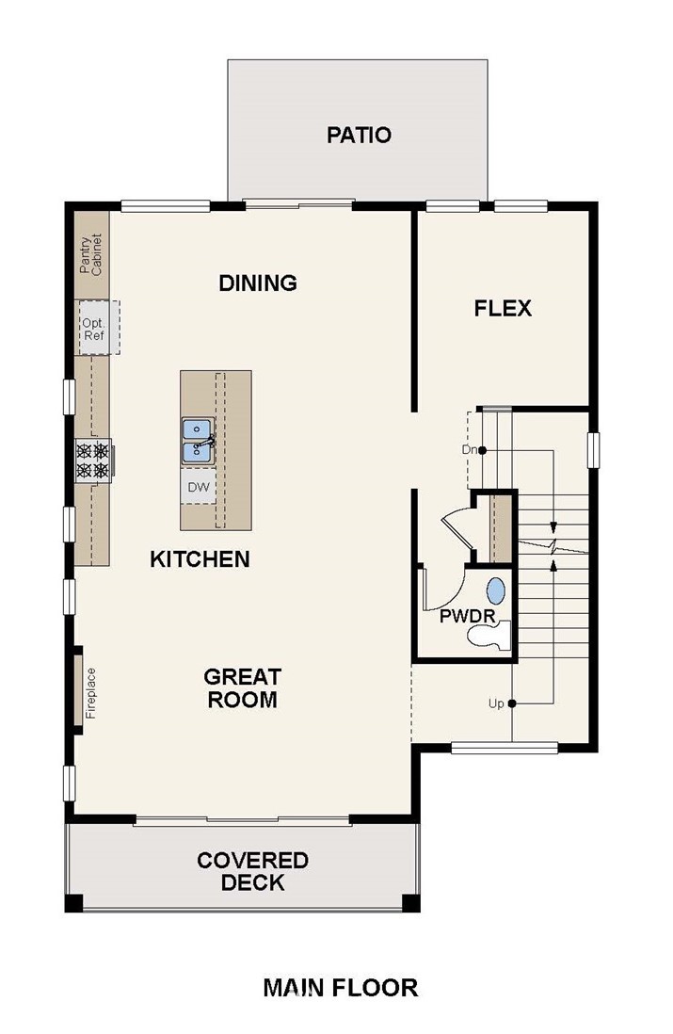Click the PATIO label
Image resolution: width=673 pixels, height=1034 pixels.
tap(359, 135)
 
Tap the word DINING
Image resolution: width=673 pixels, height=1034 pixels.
tap(258, 283)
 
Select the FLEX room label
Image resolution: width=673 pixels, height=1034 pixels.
tap(503, 308)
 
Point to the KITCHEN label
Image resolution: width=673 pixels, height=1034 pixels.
tap(200, 559)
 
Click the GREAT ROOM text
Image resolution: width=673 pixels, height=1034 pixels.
tap(242, 687)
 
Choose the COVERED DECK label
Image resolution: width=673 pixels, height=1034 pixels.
tap(252, 871)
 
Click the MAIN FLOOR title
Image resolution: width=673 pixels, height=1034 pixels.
tap(340, 988)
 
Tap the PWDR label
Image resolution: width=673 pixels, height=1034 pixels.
tap(467, 617)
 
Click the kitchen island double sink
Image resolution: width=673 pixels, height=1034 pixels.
tap(197, 440)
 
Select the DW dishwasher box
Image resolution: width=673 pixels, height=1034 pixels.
tap(198, 487)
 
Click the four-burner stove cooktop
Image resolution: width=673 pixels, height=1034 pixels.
tap(93, 460)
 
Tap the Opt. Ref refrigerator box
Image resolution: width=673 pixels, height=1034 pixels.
tap(98, 329)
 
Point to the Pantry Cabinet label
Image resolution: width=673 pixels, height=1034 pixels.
tap(91, 254)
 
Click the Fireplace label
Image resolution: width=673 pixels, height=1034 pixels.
tap(91, 693)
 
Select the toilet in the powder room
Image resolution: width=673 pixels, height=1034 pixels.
tap(489, 636)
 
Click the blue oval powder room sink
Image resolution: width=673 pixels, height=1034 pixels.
tap(496, 591)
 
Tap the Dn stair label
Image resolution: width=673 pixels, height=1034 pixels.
tap(469, 450)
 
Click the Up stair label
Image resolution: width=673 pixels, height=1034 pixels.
tap(496, 703)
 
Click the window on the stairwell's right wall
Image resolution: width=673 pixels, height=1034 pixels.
tap(594, 450)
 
